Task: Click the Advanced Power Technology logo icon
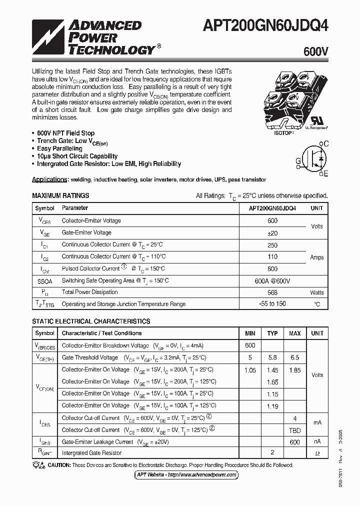(x=48, y=37)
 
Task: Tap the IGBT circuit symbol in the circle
(x=313, y=159)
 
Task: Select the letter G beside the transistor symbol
(x=298, y=160)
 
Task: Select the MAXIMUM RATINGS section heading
(x=60, y=195)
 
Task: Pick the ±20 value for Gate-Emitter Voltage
(x=272, y=232)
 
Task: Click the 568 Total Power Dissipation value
(x=272, y=292)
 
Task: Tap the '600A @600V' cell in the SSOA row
(x=272, y=280)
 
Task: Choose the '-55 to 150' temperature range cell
(x=272, y=304)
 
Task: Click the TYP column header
(x=272, y=333)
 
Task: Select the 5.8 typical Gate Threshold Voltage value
(x=272, y=357)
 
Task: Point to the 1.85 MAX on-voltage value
(x=294, y=370)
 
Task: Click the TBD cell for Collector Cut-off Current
(x=294, y=430)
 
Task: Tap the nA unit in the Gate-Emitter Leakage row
(x=317, y=442)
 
